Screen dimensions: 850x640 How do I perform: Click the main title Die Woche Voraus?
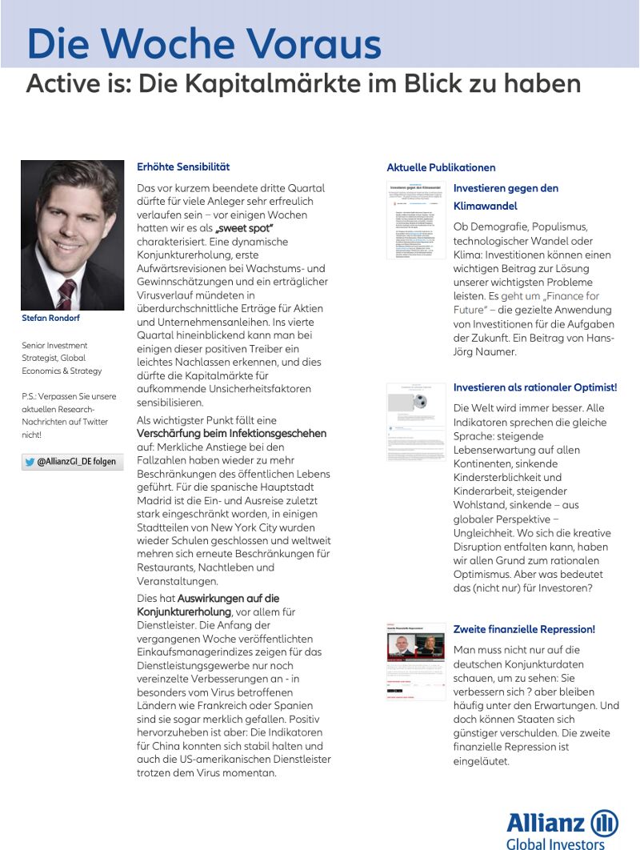(x=204, y=43)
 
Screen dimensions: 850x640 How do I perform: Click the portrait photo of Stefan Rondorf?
(x=73, y=235)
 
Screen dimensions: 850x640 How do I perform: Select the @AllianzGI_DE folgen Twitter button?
(x=73, y=462)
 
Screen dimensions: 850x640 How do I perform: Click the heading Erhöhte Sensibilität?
(x=183, y=166)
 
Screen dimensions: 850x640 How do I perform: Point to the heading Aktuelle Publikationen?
(x=441, y=167)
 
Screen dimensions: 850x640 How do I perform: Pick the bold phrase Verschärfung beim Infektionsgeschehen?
(x=232, y=433)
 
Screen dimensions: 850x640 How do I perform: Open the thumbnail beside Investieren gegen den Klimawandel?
(x=416, y=220)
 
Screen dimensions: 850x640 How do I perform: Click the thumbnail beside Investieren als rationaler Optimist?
(x=416, y=422)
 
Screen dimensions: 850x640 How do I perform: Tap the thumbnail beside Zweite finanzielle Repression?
(x=416, y=662)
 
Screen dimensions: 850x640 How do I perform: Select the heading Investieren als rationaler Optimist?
(x=534, y=387)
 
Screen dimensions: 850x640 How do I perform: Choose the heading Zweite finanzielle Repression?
(x=524, y=629)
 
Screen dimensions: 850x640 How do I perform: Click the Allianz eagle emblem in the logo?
(x=605, y=823)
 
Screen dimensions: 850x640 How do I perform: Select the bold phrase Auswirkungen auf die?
(x=228, y=598)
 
